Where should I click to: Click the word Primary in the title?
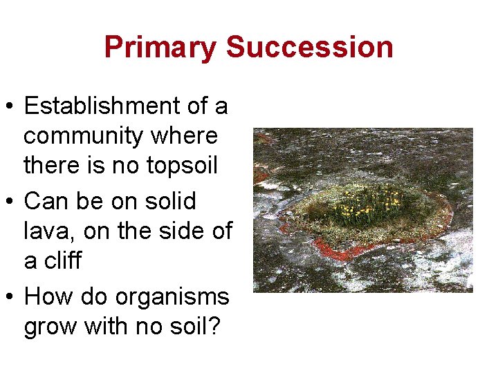pos(161,48)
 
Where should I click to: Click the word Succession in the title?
pos(310,48)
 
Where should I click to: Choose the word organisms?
pos(173,297)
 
